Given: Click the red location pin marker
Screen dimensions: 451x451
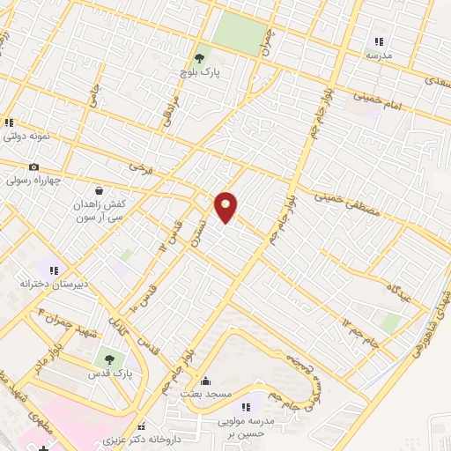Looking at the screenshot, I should [226, 206].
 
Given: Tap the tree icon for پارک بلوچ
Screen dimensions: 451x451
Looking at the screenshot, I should [202, 58].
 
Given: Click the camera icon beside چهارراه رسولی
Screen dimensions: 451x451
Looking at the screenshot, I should [33, 167].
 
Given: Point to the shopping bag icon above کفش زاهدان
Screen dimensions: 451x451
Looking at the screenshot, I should [98, 189].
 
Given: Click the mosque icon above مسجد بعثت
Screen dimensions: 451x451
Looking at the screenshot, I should [205, 381].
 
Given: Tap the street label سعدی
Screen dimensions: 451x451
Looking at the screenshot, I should [437, 81].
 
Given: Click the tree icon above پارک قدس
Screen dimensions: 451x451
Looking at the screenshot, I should [109, 359].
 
